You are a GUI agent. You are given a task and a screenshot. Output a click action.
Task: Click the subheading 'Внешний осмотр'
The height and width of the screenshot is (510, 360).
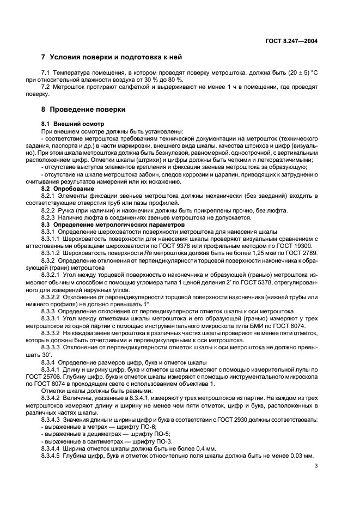click(x=77, y=124)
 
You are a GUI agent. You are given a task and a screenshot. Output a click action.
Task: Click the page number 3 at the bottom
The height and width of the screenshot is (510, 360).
click(x=316, y=466)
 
